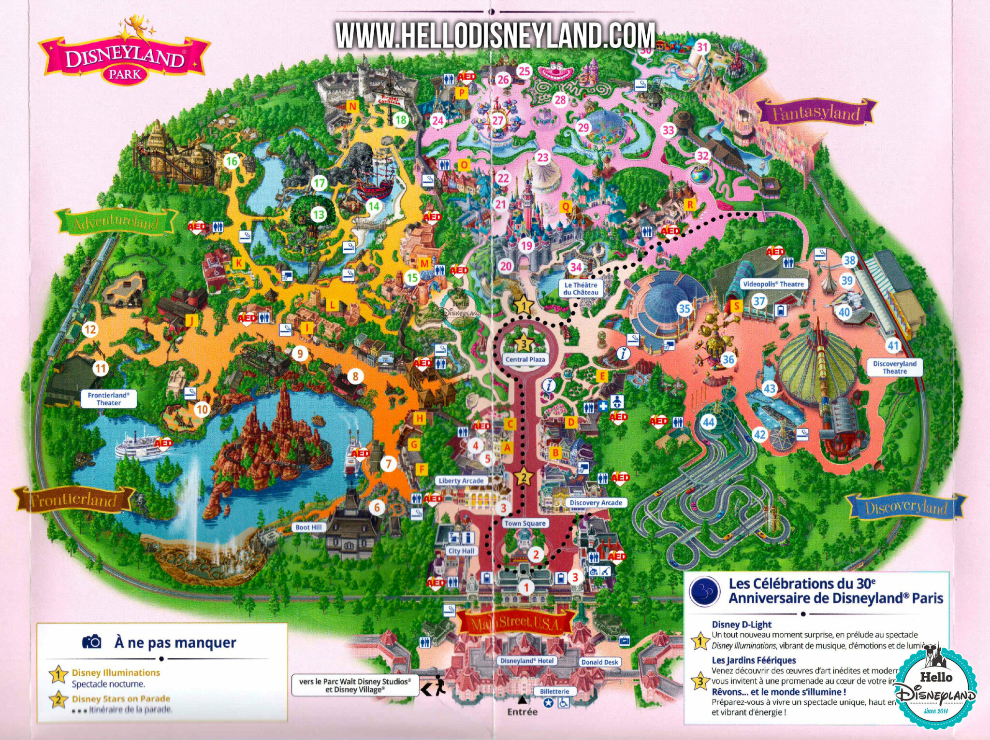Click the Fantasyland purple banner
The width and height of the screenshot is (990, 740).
pos(815,113)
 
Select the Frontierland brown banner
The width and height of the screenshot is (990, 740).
pos(73,499)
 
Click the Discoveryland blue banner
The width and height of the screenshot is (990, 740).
pos(905,507)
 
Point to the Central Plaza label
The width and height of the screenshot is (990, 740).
pos(525,359)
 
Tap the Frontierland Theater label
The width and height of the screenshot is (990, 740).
pos(108,399)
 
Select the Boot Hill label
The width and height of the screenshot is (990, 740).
pos(308,527)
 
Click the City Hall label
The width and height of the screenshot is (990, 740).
pos(461,551)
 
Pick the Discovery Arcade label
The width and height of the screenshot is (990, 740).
pos(596,502)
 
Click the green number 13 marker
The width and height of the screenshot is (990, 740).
pos(318,214)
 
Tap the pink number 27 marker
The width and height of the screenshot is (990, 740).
pos(498,121)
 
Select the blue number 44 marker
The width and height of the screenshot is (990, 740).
pos(708,422)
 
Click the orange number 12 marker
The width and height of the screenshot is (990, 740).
pos(90,329)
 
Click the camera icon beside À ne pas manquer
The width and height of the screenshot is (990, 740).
pos(91,642)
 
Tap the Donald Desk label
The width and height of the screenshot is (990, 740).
pos(599,662)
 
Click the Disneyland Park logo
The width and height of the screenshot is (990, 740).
pos(125,58)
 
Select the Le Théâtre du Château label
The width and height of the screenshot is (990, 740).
pos(581,288)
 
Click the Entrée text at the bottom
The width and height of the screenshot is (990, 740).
pos(522,712)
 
